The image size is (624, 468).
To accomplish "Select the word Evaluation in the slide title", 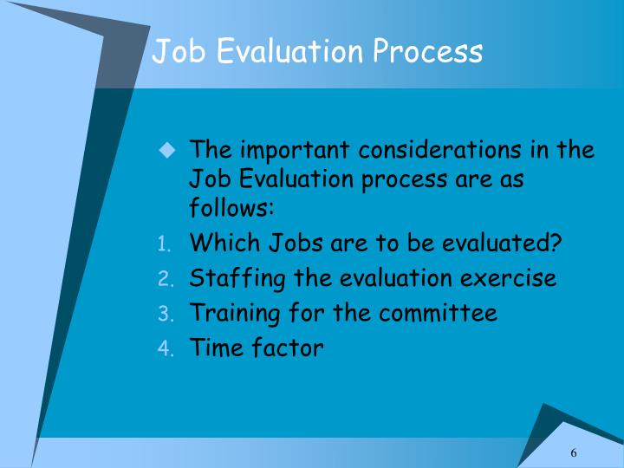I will coord(289,52).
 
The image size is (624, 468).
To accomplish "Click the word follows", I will coord(231,209).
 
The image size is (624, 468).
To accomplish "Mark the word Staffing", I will coord(232,278).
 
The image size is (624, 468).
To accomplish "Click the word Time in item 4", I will coord(212,348).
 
